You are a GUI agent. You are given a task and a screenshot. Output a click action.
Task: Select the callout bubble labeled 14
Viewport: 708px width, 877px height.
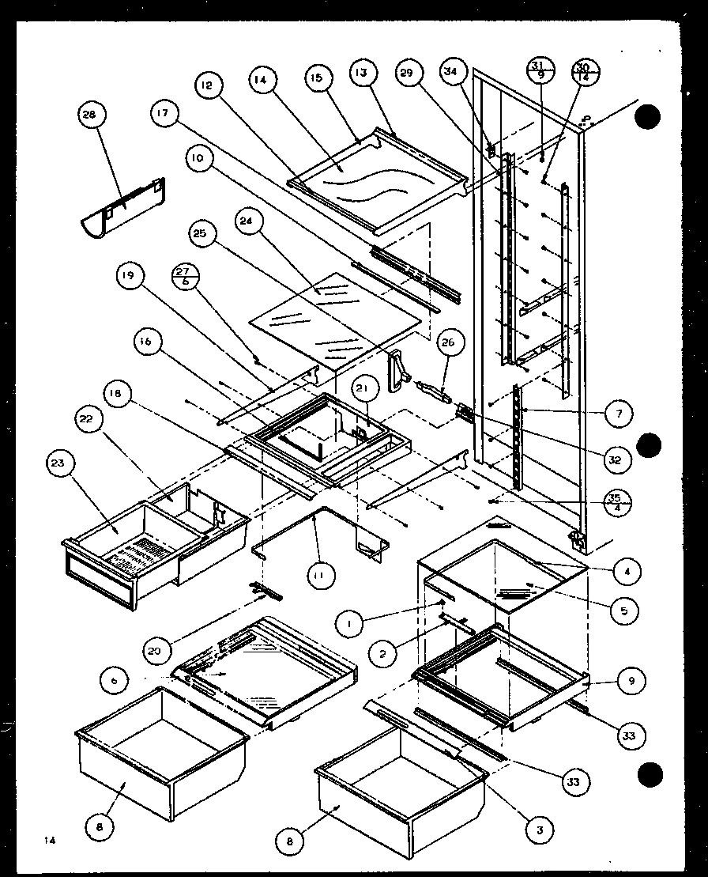click(x=262, y=80)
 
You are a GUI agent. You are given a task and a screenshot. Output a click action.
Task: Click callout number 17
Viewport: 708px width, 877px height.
click(x=163, y=115)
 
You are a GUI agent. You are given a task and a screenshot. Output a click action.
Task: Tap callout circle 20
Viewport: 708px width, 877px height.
click(x=158, y=650)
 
